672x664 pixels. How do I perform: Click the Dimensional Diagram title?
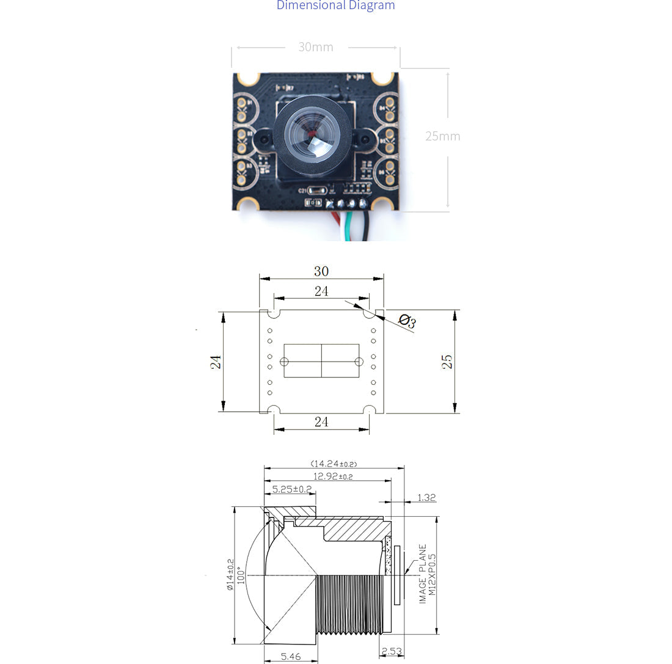tap(335, 5)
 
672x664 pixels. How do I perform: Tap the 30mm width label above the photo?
tap(316, 47)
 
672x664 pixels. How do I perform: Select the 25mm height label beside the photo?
tap(443, 136)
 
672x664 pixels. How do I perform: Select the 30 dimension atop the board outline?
tap(321, 271)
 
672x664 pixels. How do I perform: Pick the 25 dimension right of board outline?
tap(447, 362)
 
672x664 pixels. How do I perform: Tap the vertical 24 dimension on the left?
tap(216, 362)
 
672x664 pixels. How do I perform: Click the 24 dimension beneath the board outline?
tap(321, 421)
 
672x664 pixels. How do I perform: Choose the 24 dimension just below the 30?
tap(321, 291)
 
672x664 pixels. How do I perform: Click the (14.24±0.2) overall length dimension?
tap(334, 464)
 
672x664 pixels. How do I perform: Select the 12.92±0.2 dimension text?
tap(333, 476)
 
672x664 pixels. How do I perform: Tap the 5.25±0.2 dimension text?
tap(292, 489)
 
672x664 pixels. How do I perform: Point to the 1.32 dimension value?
tap(426, 498)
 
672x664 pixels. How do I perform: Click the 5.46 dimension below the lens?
tap(291, 656)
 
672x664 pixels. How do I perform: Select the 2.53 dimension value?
tap(392, 651)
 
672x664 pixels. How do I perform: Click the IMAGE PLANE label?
tap(423, 574)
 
